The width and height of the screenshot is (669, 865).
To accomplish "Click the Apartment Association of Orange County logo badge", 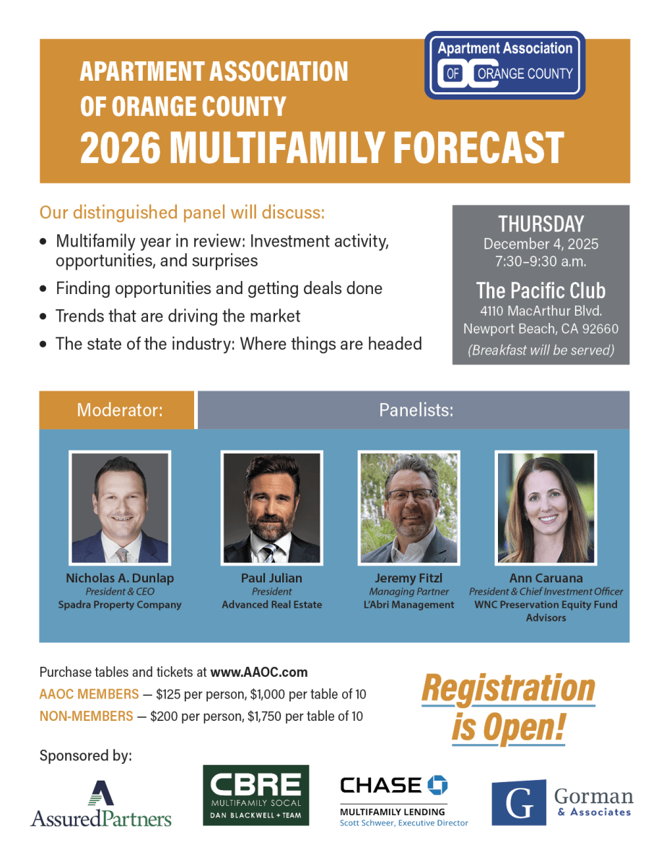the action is (504, 65).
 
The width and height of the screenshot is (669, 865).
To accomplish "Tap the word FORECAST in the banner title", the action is (478, 148).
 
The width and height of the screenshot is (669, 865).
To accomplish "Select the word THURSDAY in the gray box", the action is (541, 224).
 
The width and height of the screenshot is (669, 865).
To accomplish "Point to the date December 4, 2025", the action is (541, 244).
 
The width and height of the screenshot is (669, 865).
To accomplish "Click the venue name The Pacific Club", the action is (541, 290).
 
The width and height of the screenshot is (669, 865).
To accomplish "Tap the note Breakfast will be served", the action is (541, 350).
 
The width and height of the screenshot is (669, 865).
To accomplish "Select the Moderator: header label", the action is (120, 410).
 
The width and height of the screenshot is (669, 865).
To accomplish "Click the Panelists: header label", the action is (416, 410).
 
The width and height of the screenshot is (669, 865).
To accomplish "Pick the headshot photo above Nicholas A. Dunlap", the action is (120, 507).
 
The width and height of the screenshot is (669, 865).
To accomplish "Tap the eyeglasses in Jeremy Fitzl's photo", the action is (411, 494).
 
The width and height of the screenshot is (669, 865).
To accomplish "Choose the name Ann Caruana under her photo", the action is (546, 578).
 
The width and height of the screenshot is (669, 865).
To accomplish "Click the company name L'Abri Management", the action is (408, 605).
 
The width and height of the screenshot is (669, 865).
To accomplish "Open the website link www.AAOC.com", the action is (259, 673).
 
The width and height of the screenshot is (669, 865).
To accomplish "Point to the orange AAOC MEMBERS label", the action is (89, 694).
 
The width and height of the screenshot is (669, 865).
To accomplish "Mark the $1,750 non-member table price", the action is (265, 717).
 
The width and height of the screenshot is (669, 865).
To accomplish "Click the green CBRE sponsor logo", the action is (255, 795).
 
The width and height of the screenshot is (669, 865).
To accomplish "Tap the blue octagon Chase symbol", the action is (437, 785).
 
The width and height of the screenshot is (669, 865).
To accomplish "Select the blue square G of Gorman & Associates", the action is (519, 802).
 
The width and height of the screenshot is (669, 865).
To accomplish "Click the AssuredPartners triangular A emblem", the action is (101, 793).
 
